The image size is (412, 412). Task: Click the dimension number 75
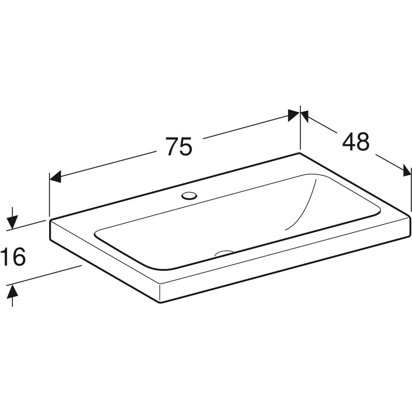pos(179,146)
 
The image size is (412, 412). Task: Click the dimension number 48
pos(356,141)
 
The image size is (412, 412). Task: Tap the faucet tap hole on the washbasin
pos(189,195)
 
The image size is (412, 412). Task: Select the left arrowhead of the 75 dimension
pos(55,176)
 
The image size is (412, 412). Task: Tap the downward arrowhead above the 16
pos(12,222)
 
